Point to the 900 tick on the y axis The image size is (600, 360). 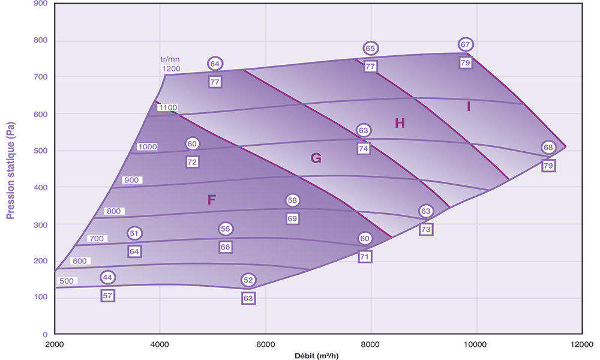(x=41, y=4)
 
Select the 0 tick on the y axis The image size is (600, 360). (x=44, y=334)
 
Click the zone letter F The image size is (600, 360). (x=211, y=200)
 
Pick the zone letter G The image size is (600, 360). (x=316, y=158)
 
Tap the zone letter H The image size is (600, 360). (x=400, y=124)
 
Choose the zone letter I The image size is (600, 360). (x=469, y=107)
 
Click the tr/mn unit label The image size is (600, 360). (x=170, y=59)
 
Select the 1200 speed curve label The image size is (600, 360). (x=171, y=69)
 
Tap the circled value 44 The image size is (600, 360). (x=107, y=277)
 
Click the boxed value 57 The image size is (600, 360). (x=107, y=295)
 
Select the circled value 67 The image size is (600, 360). (x=466, y=44)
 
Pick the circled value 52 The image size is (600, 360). (x=248, y=280)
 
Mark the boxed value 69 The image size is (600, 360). (x=292, y=218)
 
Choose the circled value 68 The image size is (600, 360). (x=548, y=148)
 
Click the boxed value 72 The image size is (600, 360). (x=192, y=162)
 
